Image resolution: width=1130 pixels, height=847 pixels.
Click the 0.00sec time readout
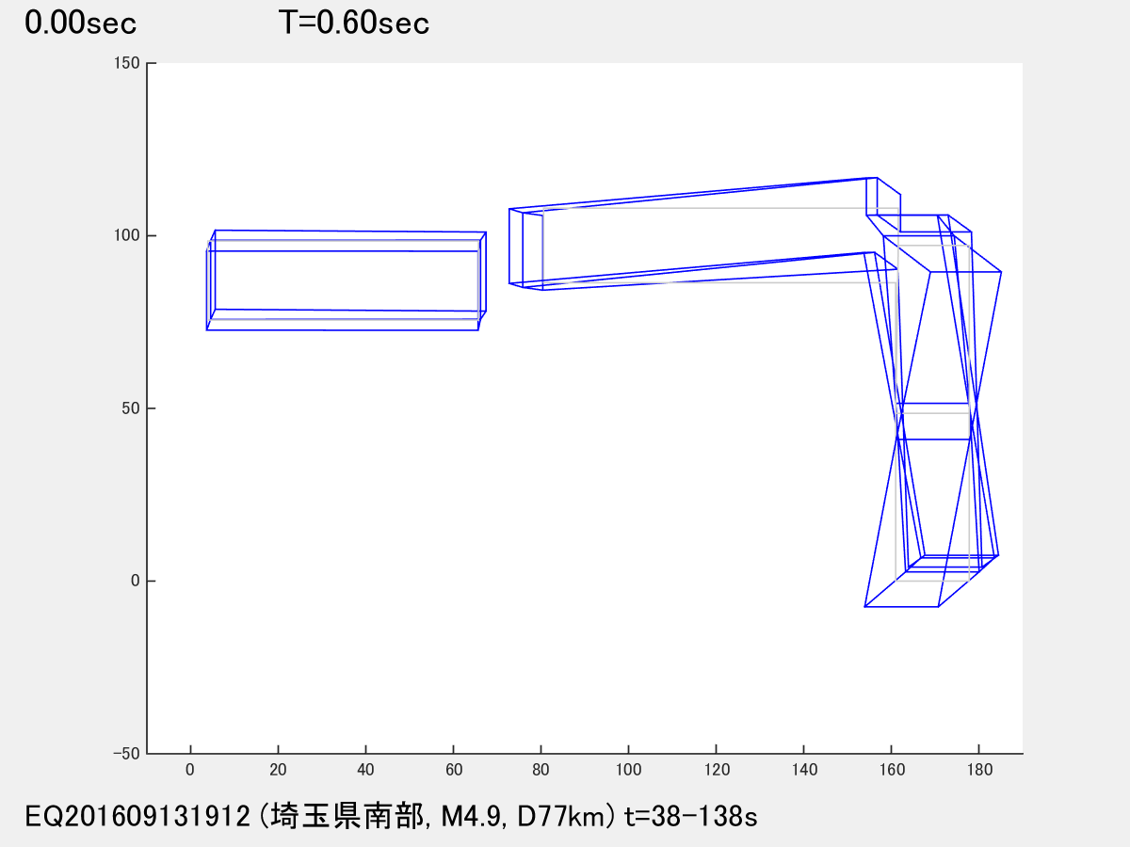81,24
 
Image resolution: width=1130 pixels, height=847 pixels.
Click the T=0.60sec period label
354,24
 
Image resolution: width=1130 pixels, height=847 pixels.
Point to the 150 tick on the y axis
126,63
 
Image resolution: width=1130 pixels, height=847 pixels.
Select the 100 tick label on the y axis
126,235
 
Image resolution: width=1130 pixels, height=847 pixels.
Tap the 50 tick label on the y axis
131,408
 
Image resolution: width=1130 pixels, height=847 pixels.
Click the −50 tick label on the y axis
126,754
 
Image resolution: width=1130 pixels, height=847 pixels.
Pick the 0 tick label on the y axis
136,581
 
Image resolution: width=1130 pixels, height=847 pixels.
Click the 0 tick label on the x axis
190,770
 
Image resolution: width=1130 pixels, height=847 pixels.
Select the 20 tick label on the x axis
278,770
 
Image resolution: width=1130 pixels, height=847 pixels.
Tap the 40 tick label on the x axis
365,770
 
